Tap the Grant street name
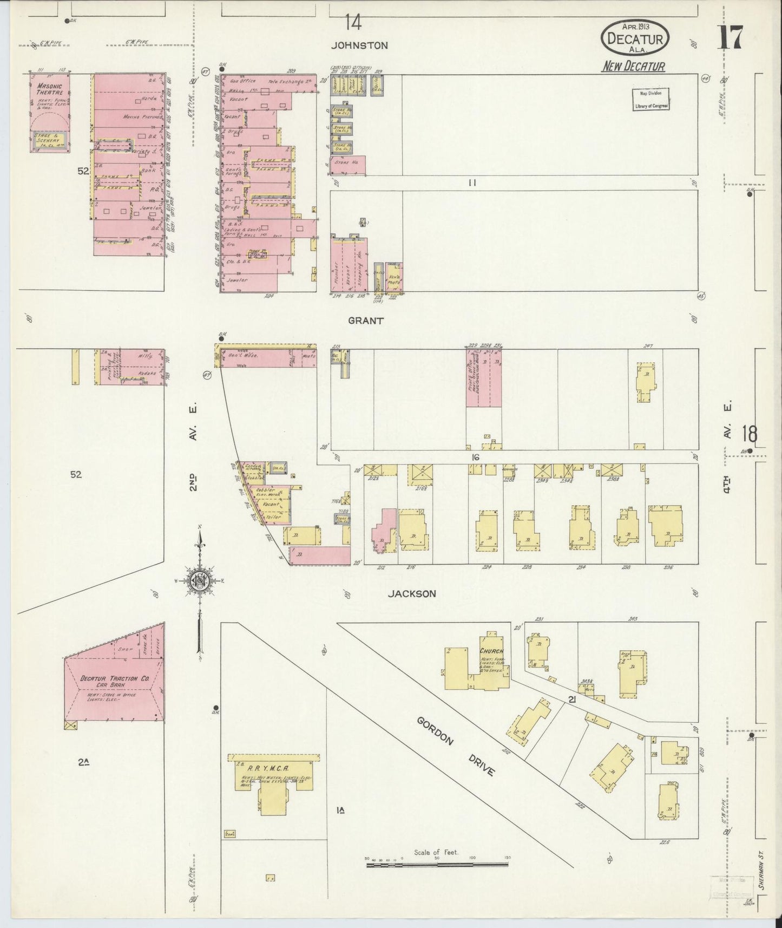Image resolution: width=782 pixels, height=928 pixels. [x=366, y=321]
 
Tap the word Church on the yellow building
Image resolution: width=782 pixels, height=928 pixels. [x=491, y=651]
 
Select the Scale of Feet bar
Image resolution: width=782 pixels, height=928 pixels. [x=437, y=865]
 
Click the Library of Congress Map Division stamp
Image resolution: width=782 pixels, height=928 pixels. [x=651, y=99]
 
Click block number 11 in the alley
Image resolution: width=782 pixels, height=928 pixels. [x=472, y=183]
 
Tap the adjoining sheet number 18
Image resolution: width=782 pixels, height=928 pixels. [x=749, y=434]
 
